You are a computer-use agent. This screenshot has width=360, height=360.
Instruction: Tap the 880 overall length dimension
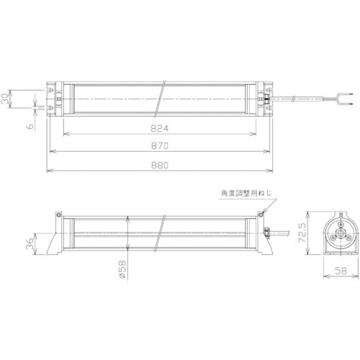[159, 166]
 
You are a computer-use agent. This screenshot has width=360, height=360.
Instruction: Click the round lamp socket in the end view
[336, 231]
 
